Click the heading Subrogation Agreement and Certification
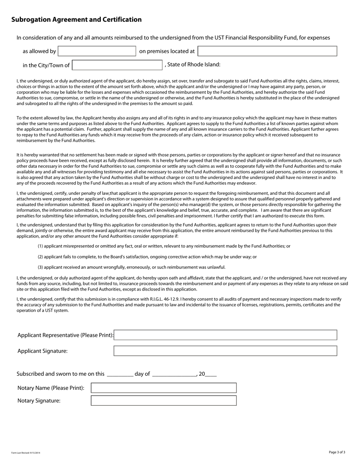[x=77, y=20]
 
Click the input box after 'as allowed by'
[x=97, y=51]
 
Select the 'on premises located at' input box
[x=267, y=51]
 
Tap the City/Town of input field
[x=117, y=65]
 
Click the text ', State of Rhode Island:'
[x=193, y=64]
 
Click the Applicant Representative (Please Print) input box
[x=225, y=335]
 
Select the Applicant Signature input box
[x=225, y=351]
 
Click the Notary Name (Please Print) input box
[x=164, y=388]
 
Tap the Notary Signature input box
[x=164, y=400]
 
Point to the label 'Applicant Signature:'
[x=42, y=351]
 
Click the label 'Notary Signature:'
[x=39, y=401]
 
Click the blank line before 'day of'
[x=120, y=374]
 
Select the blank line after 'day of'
[x=174, y=374]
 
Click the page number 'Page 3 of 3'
[x=337, y=452]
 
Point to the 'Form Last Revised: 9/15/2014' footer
[x=26, y=453]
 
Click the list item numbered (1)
[x=164, y=246]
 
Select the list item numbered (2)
[x=147, y=257]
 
